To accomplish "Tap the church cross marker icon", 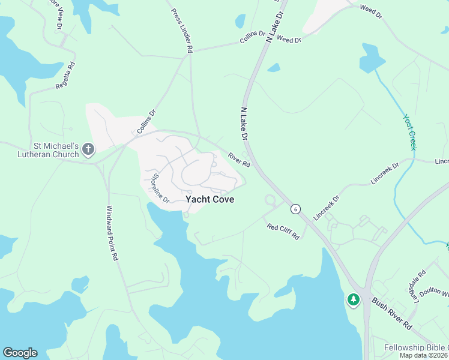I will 88,149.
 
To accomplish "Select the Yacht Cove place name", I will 209,199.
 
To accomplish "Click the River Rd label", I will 238,160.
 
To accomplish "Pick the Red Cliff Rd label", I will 283,232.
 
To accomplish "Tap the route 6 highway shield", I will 295,209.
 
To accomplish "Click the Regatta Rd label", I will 65,76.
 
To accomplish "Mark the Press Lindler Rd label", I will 182,31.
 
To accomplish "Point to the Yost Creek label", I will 410,132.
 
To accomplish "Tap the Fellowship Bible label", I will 415,348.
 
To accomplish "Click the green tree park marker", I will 353,299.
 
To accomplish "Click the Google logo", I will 20,353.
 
